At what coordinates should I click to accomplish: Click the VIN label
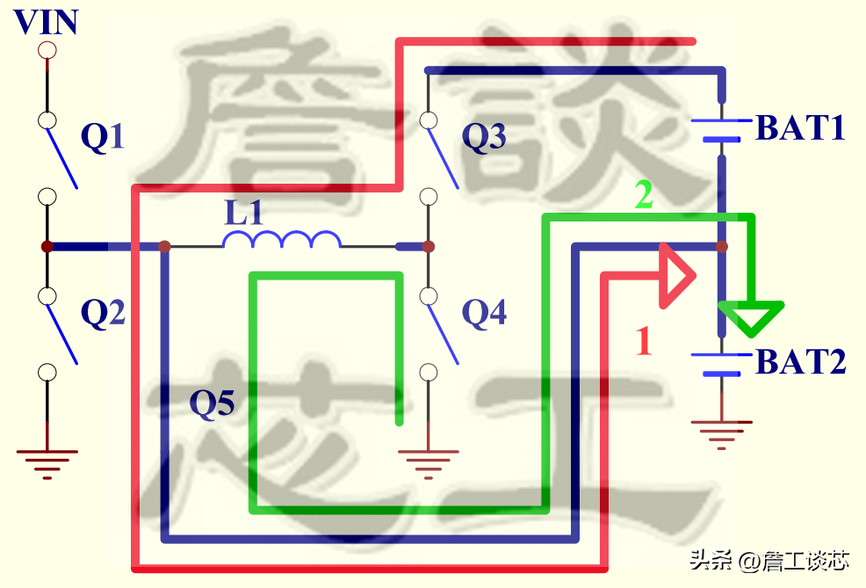(x=47, y=21)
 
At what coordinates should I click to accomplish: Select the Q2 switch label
(x=103, y=312)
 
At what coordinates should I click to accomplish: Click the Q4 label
(x=485, y=312)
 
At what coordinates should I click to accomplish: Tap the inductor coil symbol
(x=282, y=240)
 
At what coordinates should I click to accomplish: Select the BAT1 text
(x=800, y=129)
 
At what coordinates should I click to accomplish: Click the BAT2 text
(x=800, y=361)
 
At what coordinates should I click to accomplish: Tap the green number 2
(x=644, y=196)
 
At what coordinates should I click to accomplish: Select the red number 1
(x=644, y=341)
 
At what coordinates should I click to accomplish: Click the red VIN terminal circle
(x=47, y=50)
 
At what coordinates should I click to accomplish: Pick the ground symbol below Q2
(x=47, y=461)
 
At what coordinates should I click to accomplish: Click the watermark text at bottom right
(x=769, y=560)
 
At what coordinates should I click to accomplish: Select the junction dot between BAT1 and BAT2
(x=722, y=247)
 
